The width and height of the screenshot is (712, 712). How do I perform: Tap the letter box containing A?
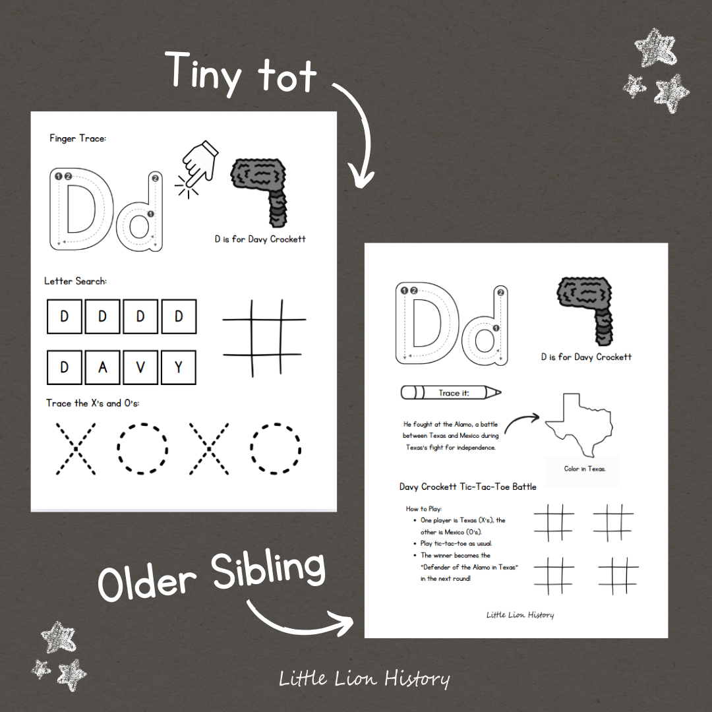point(102,367)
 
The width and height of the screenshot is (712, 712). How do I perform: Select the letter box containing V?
point(140,367)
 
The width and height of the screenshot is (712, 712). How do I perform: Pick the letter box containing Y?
point(179,367)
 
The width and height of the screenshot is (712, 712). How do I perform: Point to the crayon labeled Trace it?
point(451,393)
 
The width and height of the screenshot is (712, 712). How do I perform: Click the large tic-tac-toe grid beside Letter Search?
point(264,338)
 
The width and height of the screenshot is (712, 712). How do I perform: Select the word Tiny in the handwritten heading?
point(202,73)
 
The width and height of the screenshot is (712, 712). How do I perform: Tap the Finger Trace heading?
point(78,138)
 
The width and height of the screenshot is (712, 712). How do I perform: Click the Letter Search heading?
point(75,281)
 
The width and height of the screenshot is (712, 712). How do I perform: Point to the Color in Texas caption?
point(585,469)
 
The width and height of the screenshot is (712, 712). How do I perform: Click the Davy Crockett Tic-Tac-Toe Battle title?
point(467,487)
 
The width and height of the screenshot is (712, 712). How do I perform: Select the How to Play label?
point(424,508)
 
